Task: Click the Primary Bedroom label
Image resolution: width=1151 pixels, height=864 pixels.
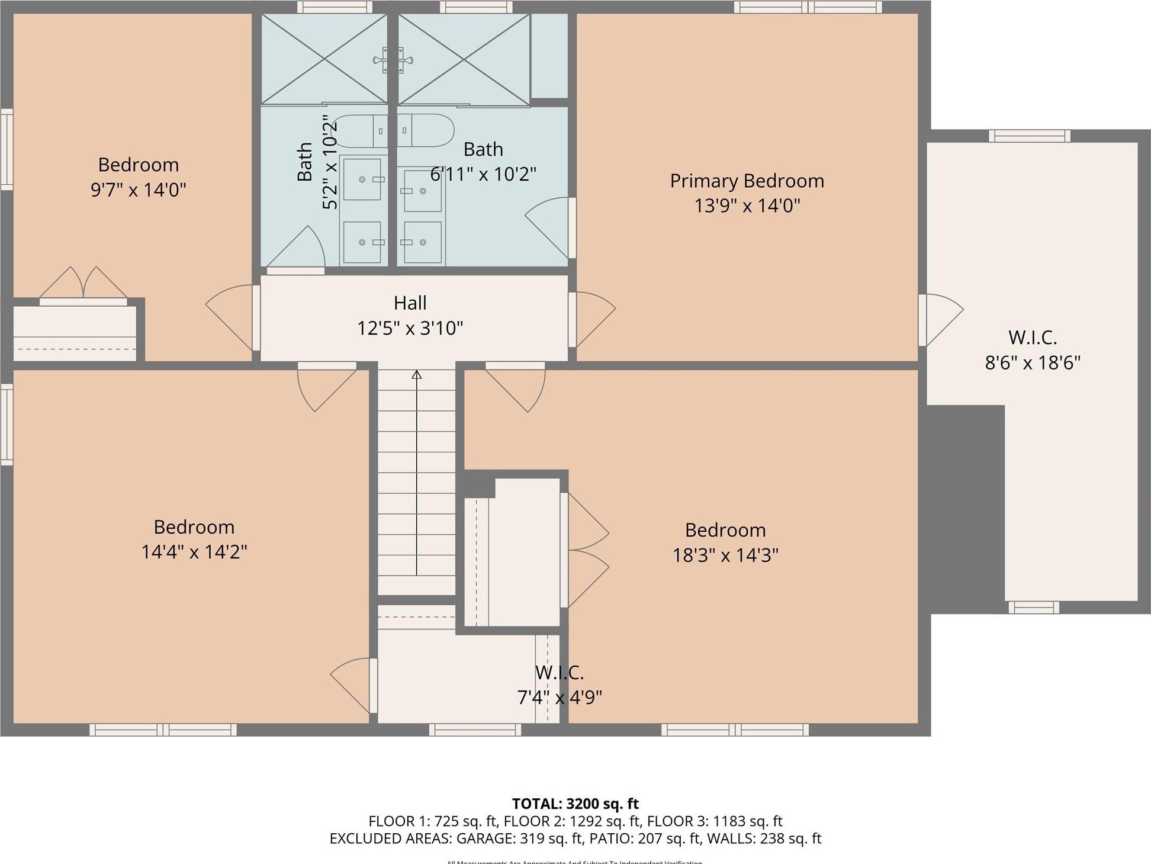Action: pos(747,181)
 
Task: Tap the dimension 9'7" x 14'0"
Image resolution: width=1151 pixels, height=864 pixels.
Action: pos(138,190)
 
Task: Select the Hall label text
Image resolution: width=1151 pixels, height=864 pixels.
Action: pos(410,303)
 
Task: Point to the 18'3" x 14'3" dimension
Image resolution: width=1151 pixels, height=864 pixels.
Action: pos(725,555)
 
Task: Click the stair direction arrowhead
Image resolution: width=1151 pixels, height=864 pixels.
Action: pos(417,375)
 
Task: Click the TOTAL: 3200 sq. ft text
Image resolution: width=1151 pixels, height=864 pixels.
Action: pos(575,804)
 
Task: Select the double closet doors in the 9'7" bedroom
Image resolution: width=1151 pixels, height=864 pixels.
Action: pos(83,285)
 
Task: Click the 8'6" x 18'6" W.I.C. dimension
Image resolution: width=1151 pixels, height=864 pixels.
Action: pos(1033,362)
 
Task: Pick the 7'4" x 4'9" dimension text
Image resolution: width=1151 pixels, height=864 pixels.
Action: pos(560,698)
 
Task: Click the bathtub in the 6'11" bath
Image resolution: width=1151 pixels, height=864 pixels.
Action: pos(425,130)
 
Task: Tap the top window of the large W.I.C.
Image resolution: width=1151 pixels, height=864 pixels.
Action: pos(1029,136)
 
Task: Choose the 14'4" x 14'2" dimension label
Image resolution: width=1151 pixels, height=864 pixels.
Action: pos(194,552)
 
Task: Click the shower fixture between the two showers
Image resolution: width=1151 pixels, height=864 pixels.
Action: pos(392,60)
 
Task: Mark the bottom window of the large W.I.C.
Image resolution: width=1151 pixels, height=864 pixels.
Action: pos(1033,607)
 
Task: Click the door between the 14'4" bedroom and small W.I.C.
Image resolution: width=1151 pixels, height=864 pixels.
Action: pos(353,685)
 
